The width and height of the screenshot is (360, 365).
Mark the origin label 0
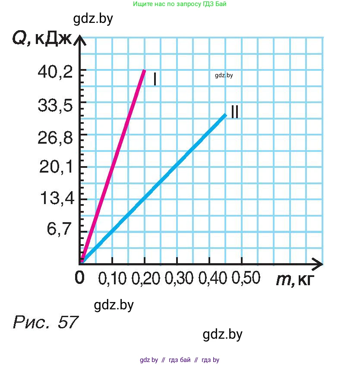(x=80, y=277)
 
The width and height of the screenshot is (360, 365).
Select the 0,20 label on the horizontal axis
(x=144, y=279)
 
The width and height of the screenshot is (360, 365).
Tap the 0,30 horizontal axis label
(x=177, y=279)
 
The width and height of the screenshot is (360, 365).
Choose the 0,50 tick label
(x=245, y=279)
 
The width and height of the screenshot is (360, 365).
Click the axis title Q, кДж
(x=41, y=40)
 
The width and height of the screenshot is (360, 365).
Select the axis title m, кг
(x=293, y=280)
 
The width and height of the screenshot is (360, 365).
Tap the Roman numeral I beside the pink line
(x=154, y=79)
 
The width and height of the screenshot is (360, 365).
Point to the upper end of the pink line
(x=144, y=71)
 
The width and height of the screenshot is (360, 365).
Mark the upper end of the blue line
(x=225, y=115)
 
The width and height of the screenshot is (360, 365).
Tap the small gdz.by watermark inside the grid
(x=224, y=75)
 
